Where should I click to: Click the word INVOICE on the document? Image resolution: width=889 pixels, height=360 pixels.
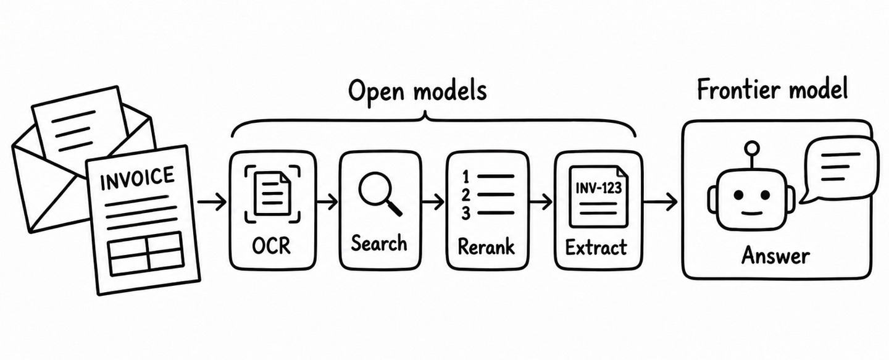137,178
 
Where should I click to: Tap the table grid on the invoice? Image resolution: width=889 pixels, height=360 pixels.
146,253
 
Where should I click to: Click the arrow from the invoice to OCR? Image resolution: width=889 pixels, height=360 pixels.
212,203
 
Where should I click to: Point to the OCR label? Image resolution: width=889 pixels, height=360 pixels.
272,246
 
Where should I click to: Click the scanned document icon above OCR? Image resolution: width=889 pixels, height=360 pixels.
272,194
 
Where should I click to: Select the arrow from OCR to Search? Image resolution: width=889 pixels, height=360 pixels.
327,203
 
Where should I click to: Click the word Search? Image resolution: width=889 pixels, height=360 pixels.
379,243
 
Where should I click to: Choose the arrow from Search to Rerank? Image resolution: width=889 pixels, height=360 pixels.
433,203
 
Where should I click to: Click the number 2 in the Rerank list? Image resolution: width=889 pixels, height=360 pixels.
466,195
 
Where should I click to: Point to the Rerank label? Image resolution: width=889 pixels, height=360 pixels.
486,246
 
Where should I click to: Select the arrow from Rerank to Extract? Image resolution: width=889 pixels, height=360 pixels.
541,203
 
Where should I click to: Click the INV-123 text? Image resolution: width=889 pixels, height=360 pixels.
598,188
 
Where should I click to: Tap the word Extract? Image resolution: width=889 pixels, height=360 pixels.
596,247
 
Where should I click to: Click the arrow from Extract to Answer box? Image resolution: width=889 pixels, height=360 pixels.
660,203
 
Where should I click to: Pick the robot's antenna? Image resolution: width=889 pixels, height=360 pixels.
752,156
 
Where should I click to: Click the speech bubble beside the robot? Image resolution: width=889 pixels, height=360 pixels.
837,169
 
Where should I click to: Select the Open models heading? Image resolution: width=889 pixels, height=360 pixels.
417,91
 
